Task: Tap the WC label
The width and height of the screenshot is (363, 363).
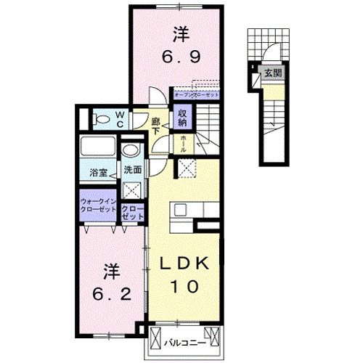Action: (121, 117)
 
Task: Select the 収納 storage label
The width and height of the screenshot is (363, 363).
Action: (181, 118)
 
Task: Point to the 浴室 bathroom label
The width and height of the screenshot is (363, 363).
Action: (99, 173)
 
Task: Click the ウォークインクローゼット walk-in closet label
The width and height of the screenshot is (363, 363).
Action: (98, 205)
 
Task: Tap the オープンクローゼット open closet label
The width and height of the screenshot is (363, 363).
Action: (197, 93)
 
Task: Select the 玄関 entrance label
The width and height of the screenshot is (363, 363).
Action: (273, 73)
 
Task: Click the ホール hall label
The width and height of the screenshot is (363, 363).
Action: (183, 143)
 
